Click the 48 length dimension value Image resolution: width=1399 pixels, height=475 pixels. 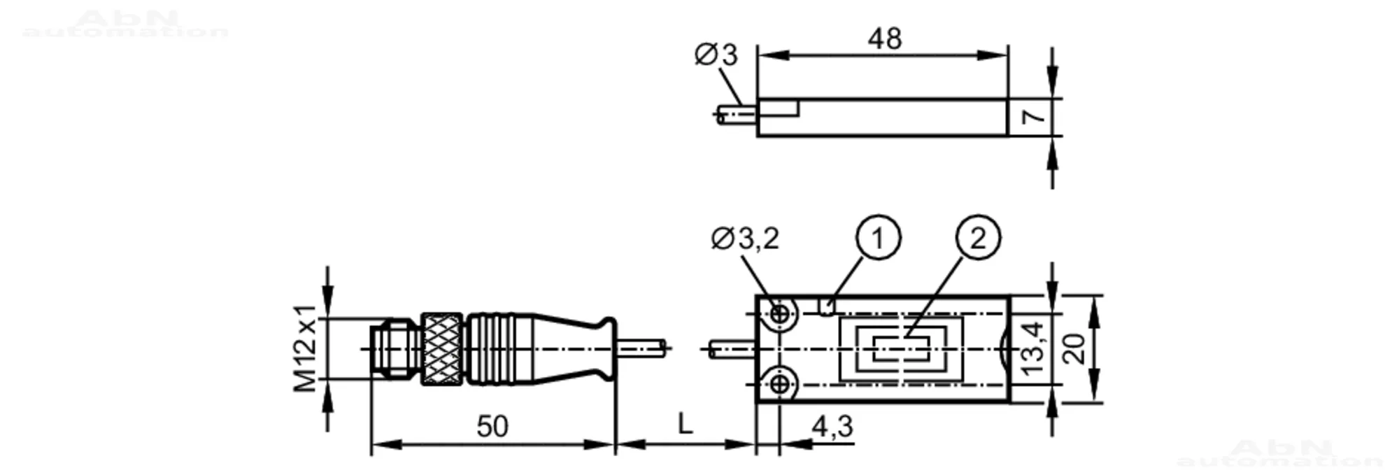[885, 39]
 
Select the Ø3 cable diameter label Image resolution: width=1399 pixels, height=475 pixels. [716, 55]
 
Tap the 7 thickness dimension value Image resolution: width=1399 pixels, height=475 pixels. [1034, 117]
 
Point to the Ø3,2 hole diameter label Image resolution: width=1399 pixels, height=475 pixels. [745, 239]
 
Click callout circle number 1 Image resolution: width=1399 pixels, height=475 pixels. [877, 239]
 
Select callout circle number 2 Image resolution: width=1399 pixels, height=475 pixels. [978, 239]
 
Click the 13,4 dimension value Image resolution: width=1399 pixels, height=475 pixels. [1033, 348]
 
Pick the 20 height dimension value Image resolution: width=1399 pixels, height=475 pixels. [1074, 348]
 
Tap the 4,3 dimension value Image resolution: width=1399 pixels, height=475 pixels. [832, 425]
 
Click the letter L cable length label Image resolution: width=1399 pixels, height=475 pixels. [685, 423]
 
